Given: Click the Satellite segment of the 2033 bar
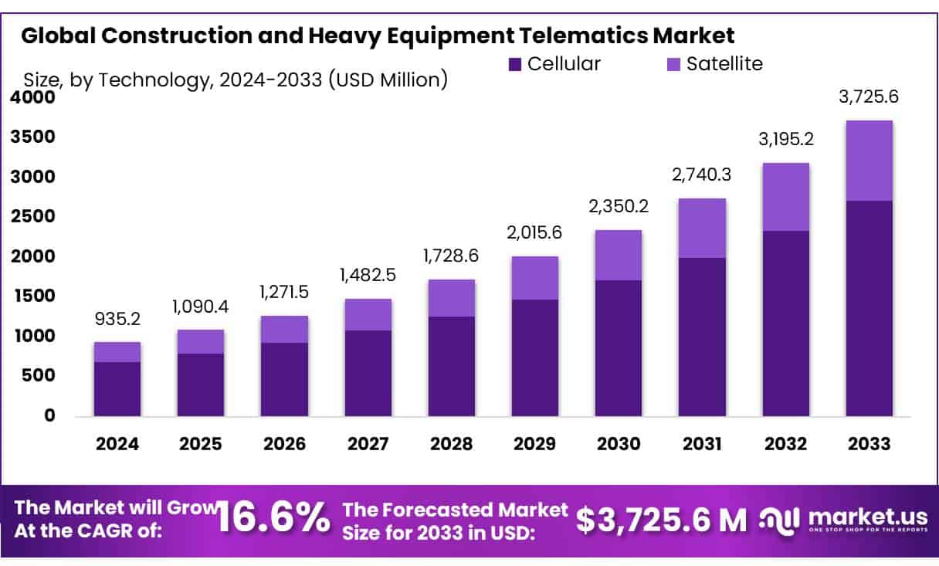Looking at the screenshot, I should (869, 161).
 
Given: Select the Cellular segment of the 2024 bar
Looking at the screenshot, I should (117, 389).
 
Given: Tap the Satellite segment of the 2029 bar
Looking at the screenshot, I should (535, 278).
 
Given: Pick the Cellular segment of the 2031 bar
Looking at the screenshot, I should (702, 337).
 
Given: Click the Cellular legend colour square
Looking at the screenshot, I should (516, 64).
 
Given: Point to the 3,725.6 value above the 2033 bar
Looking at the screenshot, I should (869, 98).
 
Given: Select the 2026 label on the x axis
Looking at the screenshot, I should (284, 445).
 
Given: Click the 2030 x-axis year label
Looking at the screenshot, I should (619, 445).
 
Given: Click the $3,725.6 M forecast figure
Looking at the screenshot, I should (662, 520).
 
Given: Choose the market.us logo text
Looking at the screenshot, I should (864, 515).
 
